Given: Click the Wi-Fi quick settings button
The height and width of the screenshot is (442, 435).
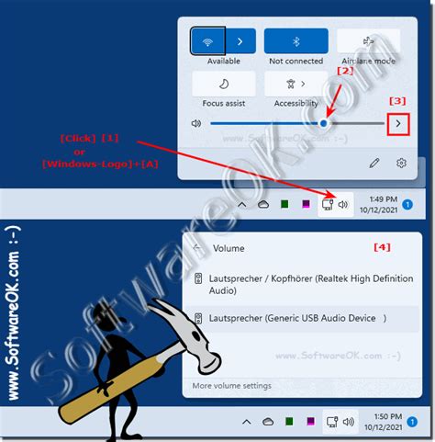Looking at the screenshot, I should point(208,41).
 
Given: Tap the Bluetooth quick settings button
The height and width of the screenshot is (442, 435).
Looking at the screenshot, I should point(296,41).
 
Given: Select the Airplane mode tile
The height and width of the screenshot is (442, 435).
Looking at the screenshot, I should point(368,41).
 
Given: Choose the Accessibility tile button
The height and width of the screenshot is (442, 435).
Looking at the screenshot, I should point(296,84).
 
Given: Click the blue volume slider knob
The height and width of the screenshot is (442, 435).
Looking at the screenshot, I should point(326,122).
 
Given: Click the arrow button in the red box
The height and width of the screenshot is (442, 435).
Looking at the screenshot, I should point(398,122).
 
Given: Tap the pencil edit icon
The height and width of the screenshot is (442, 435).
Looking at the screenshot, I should point(374,163).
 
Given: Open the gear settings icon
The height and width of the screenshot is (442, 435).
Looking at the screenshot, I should point(401,163).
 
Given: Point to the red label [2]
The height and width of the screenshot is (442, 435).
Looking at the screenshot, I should point(345,71).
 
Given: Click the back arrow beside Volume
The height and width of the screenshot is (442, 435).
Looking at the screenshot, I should point(198,248).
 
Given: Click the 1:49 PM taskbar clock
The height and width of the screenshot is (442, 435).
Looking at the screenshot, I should point(384,204).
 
